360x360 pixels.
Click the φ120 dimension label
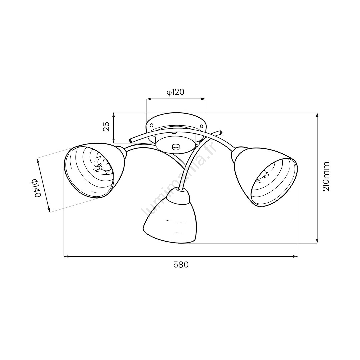click(176, 92)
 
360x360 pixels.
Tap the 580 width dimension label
click(181, 265)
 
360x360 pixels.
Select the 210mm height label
click(326, 176)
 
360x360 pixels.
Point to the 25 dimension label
click(106, 127)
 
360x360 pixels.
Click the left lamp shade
click(95, 170)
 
